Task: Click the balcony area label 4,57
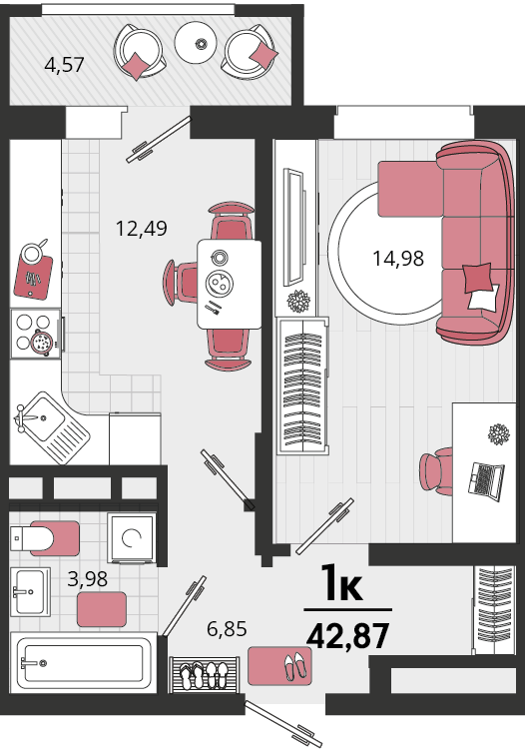64,65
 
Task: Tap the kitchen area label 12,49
142,228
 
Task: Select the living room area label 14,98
398,259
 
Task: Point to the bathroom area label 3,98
87,579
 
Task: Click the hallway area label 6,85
227,628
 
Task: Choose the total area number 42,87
347,635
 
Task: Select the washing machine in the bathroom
132,538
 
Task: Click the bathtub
84,663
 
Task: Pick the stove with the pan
37,334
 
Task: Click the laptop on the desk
486,481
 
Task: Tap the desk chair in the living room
436,471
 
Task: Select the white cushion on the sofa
484,298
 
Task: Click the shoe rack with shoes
204,674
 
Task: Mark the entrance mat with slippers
279,666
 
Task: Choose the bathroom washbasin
30,592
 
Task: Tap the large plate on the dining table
219,283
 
